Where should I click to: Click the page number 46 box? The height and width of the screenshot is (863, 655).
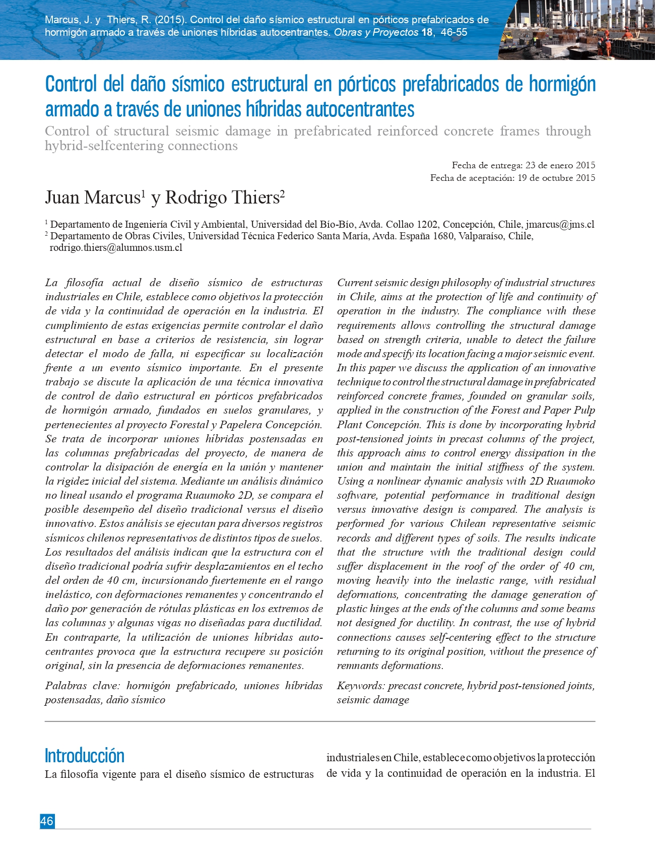[47, 821]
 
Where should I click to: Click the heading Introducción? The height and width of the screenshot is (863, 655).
[84, 756]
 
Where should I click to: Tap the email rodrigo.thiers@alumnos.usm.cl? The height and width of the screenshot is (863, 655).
[116, 248]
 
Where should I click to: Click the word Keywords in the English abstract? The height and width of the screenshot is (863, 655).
[360, 686]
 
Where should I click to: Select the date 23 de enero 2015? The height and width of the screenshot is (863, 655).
[560, 165]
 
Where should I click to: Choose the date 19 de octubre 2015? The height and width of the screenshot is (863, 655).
[556, 178]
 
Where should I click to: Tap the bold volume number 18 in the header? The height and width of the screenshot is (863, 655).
[427, 33]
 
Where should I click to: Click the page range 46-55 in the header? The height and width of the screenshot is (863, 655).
[454, 33]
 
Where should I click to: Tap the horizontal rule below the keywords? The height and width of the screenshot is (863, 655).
[320, 721]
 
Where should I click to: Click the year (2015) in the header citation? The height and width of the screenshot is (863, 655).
[170, 20]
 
